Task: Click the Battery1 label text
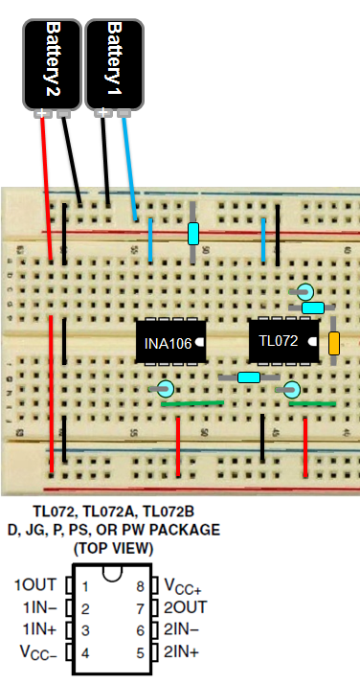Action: click(x=114, y=54)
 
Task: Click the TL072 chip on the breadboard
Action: click(x=281, y=340)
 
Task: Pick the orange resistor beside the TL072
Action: click(x=334, y=344)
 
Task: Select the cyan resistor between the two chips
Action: click(x=248, y=377)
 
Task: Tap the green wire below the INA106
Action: click(x=191, y=403)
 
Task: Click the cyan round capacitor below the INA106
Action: click(x=165, y=388)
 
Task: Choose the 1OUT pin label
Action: click(x=34, y=585)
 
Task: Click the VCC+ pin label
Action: click(x=185, y=585)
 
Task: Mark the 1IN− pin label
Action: click(x=34, y=607)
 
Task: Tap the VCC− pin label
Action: click(x=34, y=652)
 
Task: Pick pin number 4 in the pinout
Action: click(x=85, y=651)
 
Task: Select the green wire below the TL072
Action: click(x=312, y=403)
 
